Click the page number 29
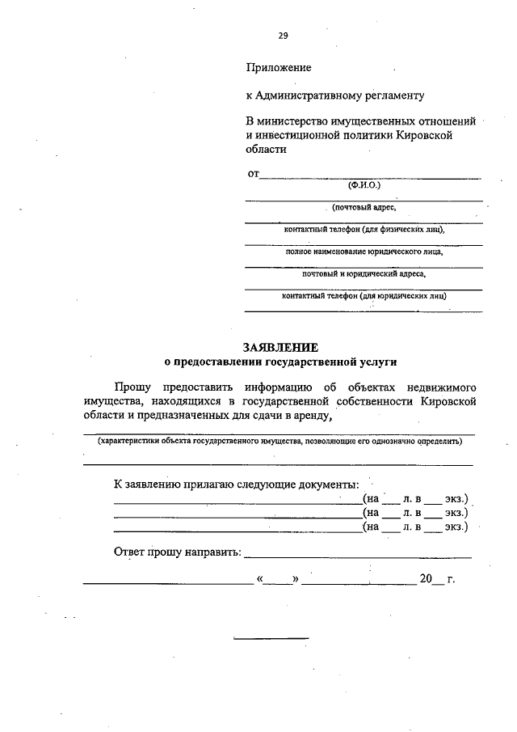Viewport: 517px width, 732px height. click(x=283, y=36)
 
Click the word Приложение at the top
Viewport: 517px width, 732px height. click(x=279, y=68)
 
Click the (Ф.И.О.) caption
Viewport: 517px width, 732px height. click(x=364, y=184)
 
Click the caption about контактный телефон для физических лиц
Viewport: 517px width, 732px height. click(x=364, y=229)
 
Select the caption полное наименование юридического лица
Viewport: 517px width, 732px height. click(x=364, y=252)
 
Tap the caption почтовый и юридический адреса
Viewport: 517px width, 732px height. click(x=364, y=273)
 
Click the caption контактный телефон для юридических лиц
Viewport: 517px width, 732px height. click(x=364, y=295)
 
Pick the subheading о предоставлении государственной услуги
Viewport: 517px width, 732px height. click(x=280, y=362)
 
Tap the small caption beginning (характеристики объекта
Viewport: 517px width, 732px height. click(x=280, y=442)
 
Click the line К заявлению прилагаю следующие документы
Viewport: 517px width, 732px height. click(x=235, y=484)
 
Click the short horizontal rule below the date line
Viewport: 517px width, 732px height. click(x=271, y=638)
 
